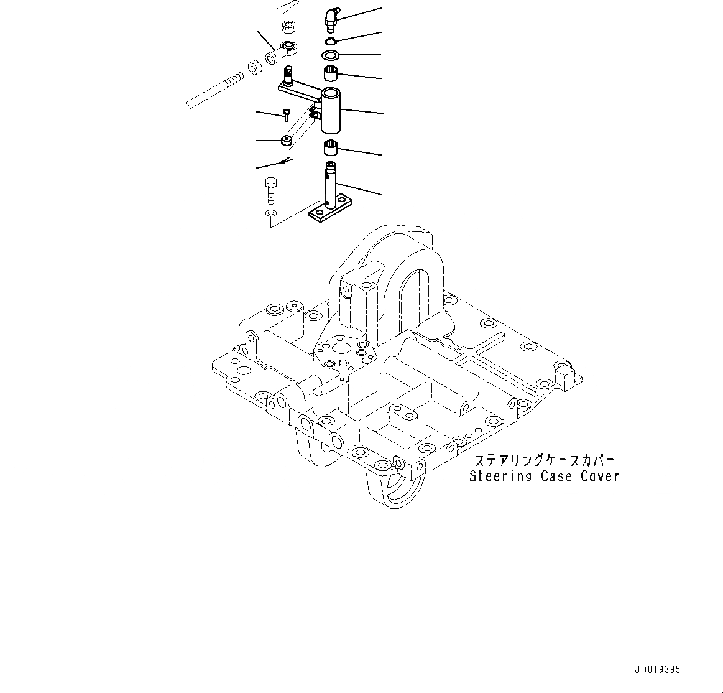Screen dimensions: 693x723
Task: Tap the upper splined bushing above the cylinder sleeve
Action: (331, 73)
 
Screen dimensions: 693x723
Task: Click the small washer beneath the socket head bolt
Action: (269, 214)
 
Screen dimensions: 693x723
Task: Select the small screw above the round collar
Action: (286, 116)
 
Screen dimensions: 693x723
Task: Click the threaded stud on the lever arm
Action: (288, 76)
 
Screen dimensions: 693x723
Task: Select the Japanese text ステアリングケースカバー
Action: (544, 461)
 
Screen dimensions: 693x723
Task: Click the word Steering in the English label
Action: (500, 477)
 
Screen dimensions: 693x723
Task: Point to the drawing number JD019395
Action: (657, 670)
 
